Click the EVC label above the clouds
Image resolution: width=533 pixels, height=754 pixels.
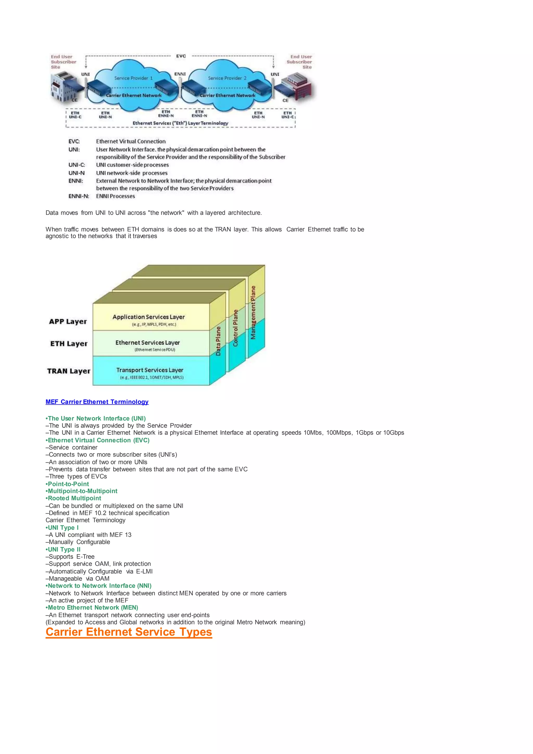[x=181, y=56]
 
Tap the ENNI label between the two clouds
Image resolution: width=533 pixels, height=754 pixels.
[x=180, y=74]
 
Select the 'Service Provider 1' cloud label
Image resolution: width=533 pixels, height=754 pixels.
[x=133, y=78]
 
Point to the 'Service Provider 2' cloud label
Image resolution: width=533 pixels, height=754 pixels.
[x=227, y=78]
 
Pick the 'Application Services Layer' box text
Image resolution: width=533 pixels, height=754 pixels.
[x=149, y=317]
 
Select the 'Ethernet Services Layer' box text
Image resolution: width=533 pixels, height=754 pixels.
[x=148, y=343]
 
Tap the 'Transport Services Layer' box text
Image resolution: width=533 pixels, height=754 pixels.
[x=150, y=370]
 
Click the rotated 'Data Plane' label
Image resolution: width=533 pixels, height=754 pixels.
[x=219, y=341]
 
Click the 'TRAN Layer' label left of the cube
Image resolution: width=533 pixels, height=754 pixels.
[x=69, y=371]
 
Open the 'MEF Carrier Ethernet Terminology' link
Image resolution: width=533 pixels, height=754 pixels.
[x=97, y=402]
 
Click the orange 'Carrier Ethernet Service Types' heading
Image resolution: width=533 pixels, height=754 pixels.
[x=129, y=632]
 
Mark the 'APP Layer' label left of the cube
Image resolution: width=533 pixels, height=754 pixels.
[x=68, y=322]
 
